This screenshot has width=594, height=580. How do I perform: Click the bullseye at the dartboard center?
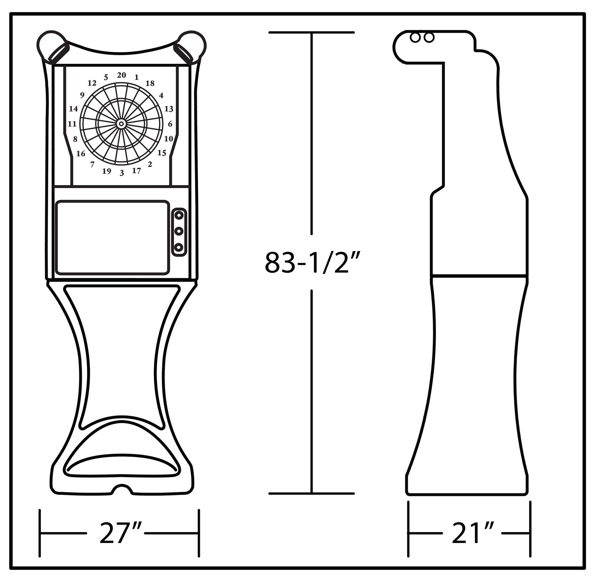tap(121, 124)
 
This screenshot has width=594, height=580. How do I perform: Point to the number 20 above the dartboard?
tap(121, 75)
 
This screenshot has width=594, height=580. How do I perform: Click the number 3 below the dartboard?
tap(122, 173)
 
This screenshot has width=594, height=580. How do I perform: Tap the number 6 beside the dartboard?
tap(170, 124)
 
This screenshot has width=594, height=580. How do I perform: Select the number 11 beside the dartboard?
tap(72, 124)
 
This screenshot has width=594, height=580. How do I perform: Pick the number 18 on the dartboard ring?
tap(150, 83)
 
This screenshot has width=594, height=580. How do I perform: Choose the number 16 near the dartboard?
tap(81, 154)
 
